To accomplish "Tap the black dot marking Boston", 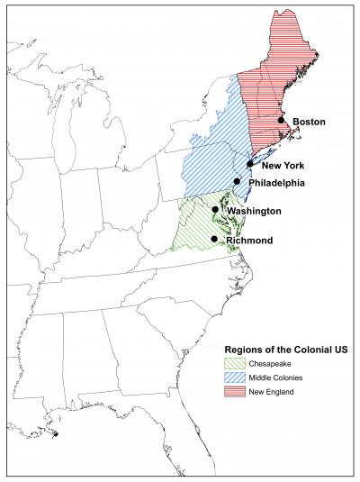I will (282, 120).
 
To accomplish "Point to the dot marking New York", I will (250, 165).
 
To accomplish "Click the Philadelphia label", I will (277, 183).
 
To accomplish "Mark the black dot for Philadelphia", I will (238, 182).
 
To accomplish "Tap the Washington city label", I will (254, 211).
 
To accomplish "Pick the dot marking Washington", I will (216, 210).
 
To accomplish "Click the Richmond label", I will (249, 240).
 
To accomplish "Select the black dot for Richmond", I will (214, 239).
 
